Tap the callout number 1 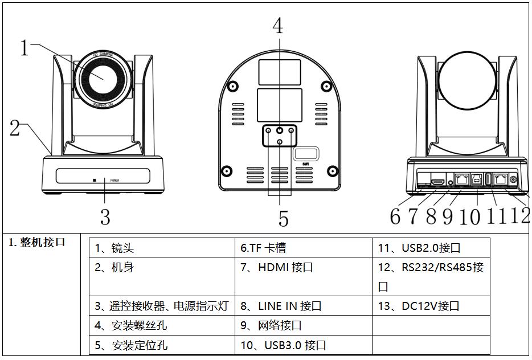(24, 47)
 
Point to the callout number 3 (105, 216)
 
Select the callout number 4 (277, 25)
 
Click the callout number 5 (283, 218)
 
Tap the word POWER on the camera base (115, 180)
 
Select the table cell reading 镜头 (162, 248)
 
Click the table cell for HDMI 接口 (304, 267)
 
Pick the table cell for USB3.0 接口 (304, 345)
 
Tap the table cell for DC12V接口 (431, 306)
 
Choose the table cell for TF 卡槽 (304, 248)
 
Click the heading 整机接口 (37, 242)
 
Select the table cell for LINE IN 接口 (304, 306)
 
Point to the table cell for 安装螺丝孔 (162, 326)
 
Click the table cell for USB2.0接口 (431, 248)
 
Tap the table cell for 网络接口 (304, 326)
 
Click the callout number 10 (470, 216)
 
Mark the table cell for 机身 (162, 267)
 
